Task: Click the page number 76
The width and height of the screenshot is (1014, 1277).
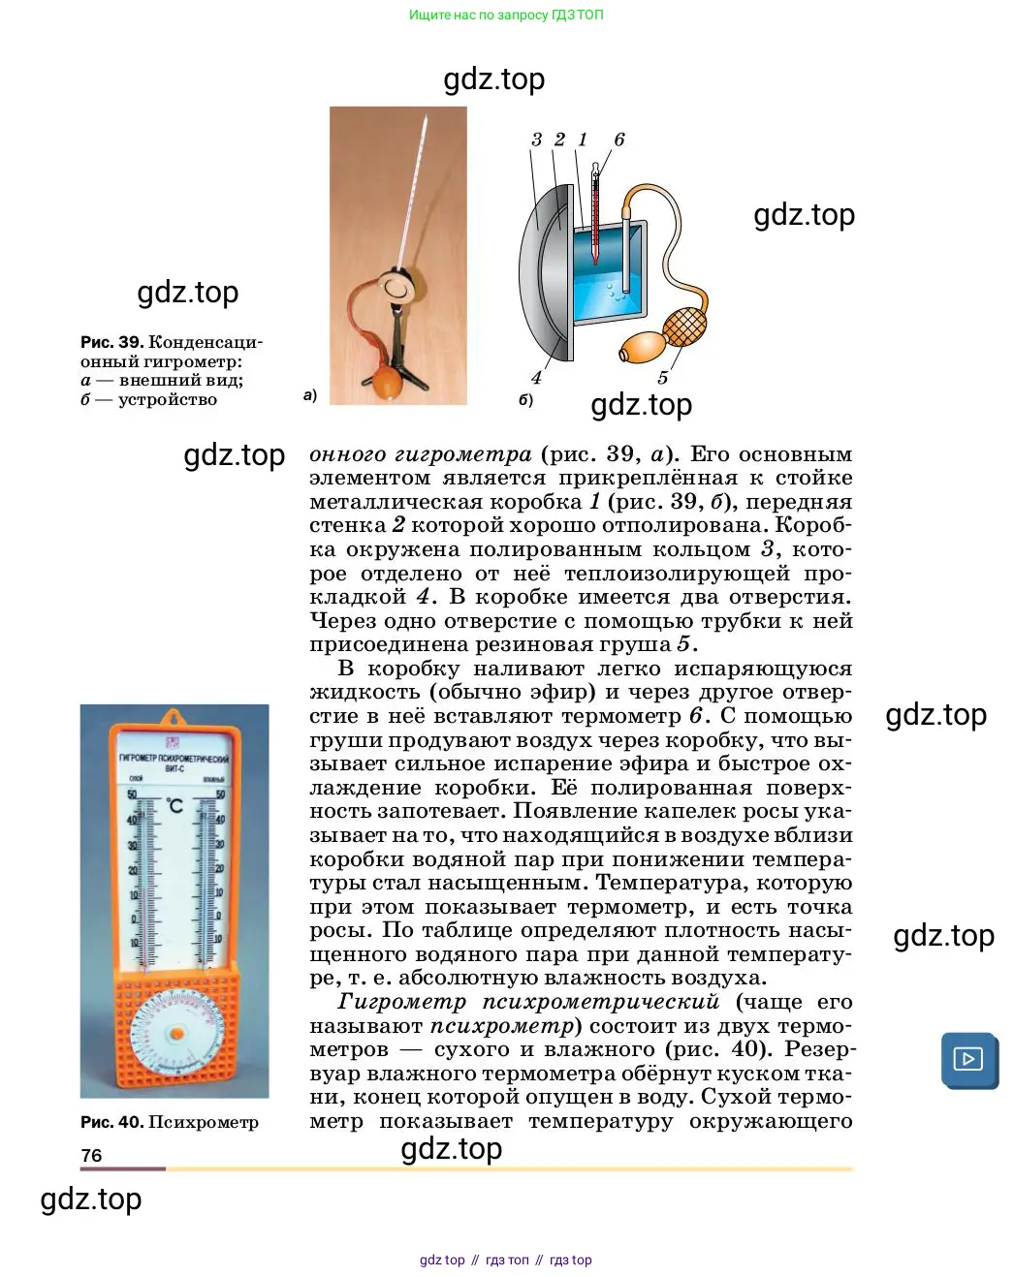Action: (91, 1155)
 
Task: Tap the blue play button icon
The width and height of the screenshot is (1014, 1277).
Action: (968, 1059)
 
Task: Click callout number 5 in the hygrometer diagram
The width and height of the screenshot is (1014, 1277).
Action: (663, 378)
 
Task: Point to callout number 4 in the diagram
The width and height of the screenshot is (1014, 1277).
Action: (536, 378)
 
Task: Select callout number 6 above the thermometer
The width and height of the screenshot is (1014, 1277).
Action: (619, 140)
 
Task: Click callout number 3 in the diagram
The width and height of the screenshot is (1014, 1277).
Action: (536, 140)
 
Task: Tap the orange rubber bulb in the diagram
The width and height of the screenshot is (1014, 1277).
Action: (641, 346)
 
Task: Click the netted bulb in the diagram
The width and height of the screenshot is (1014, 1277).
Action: (684, 325)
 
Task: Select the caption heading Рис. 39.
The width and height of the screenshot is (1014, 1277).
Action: (111, 342)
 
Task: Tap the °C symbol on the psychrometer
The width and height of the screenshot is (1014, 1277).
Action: (174, 806)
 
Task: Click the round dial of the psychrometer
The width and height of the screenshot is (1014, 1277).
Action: (176, 1035)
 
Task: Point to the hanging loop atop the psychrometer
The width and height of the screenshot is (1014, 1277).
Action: (174, 718)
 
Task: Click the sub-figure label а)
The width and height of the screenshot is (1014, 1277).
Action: (310, 395)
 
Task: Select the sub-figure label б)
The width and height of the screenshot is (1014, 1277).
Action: (525, 399)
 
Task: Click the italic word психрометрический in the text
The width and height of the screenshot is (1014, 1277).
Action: (601, 1002)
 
